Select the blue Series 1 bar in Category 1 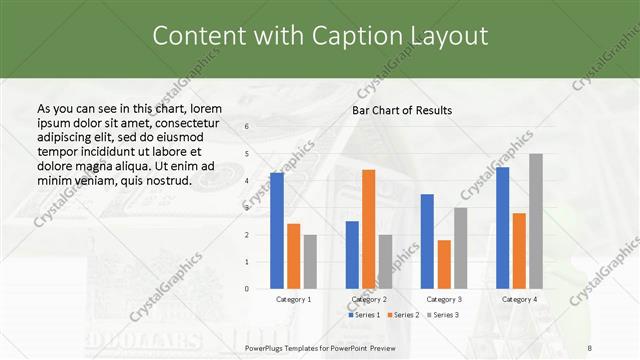[277, 231]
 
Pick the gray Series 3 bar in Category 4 [536, 221]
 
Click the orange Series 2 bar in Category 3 [444, 264]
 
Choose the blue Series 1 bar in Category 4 [502, 228]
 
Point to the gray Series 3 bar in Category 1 [310, 262]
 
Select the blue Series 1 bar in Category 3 [427, 241]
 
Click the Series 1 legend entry [363, 315]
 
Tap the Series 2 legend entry [402, 315]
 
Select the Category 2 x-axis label [368, 299]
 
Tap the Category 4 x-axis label [519, 299]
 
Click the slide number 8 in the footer [590, 346]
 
